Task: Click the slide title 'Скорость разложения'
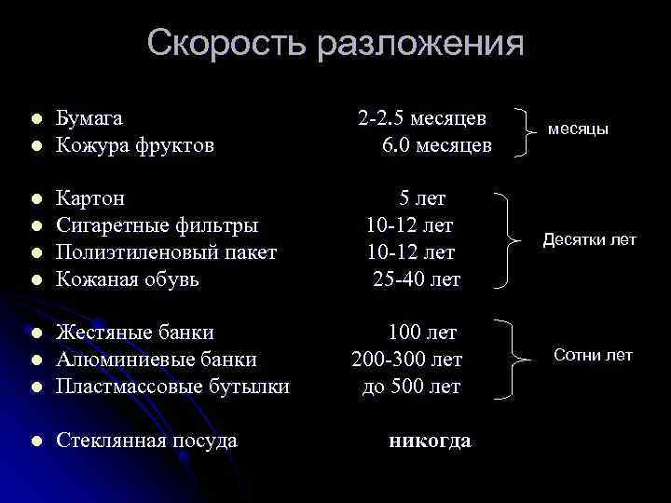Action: [335, 43]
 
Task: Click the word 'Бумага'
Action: [89, 119]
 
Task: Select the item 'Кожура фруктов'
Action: [135, 145]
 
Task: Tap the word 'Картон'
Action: [90, 198]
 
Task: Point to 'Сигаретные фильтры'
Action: [157, 224]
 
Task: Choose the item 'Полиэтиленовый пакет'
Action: [167, 251]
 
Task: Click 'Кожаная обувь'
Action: [129, 279]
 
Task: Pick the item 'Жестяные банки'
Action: [135, 333]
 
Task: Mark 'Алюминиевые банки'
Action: [157, 360]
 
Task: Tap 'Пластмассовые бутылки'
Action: [172, 386]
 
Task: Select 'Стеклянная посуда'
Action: [146, 441]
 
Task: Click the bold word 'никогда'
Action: [429, 441]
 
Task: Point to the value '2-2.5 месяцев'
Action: [421, 119]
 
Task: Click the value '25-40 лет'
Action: [417, 279]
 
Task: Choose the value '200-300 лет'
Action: [407, 360]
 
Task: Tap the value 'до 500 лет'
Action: [411, 386]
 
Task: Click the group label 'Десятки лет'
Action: [589, 240]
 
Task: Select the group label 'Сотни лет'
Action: [593, 355]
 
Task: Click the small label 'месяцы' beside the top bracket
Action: [578, 129]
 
